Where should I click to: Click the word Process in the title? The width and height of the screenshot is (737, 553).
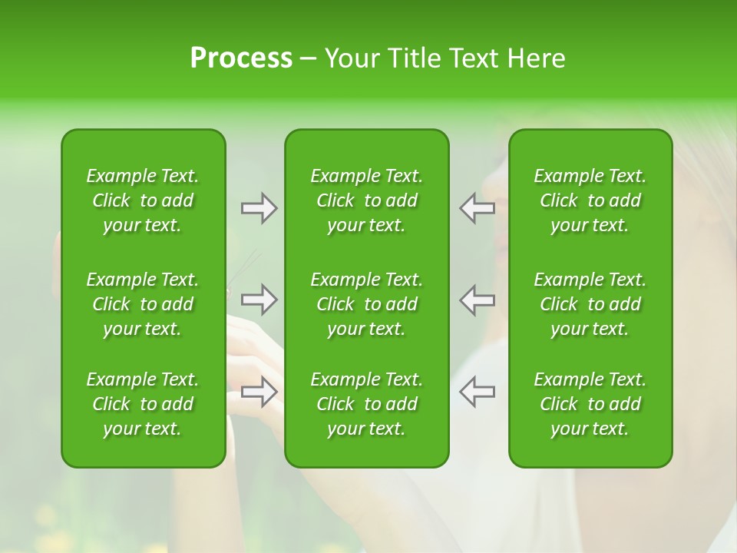tap(241, 58)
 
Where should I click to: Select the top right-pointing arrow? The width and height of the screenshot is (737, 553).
tap(259, 208)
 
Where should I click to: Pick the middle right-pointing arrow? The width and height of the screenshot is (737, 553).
tap(259, 300)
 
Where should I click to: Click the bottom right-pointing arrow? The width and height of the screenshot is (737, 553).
tap(259, 392)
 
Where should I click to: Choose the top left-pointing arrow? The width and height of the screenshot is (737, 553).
tap(477, 208)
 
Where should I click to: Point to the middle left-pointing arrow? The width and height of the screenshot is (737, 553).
tap(477, 300)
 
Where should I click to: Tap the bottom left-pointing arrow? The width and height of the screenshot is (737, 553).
tap(477, 392)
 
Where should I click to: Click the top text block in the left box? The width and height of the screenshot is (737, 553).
tap(143, 200)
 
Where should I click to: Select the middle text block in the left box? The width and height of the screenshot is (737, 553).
tap(143, 304)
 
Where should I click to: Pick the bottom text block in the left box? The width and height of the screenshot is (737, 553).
tap(143, 404)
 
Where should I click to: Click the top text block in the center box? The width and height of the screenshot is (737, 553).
tap(367, 200)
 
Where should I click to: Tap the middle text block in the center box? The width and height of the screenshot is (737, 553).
tap(367, 304)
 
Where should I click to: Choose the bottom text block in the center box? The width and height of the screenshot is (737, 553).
tap(367, 404)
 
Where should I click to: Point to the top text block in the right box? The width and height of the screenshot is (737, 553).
tap(590, 200)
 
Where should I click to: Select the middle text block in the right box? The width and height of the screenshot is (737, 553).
tap(590, 304)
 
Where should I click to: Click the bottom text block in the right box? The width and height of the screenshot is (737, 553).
tap(590, 404)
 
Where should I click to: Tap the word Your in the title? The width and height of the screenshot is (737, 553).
tap(350, 58)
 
